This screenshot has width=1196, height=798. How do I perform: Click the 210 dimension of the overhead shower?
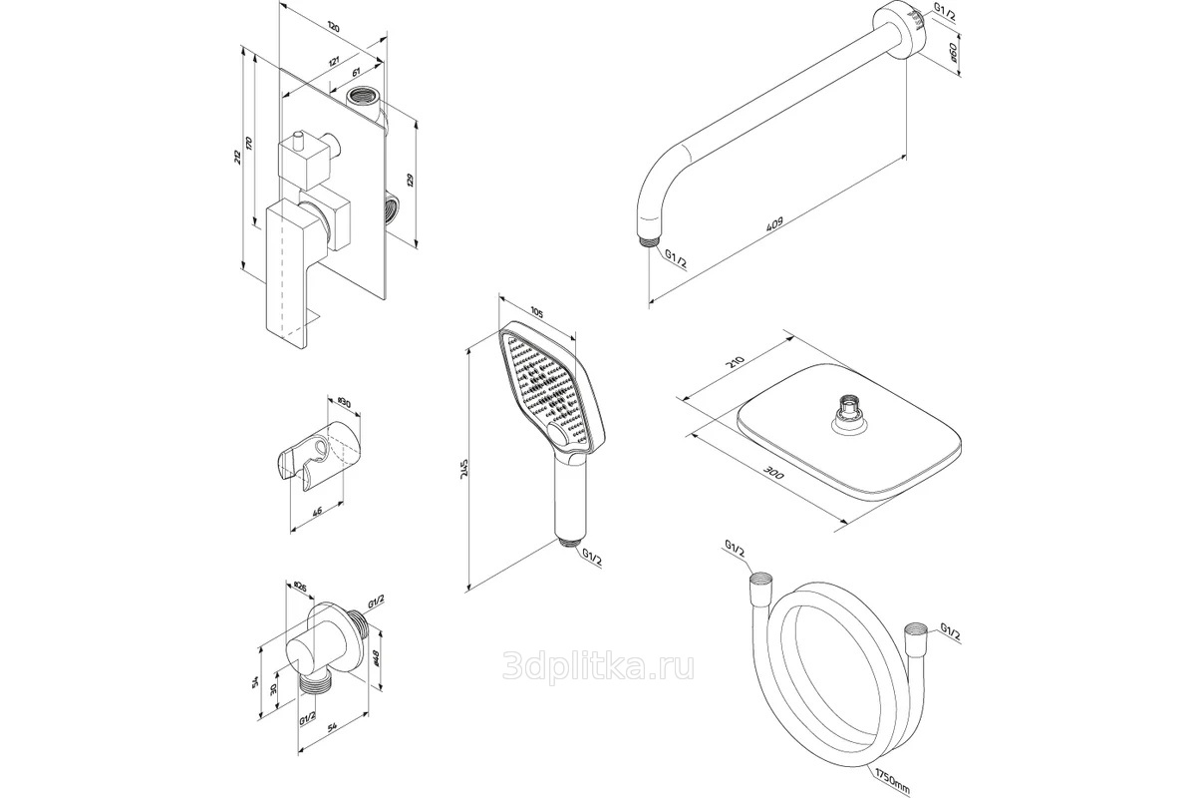click(x=737, y=364)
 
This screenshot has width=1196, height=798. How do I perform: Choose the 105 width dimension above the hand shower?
click(x=535, y=313)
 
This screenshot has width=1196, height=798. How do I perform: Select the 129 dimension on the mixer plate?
click(x=410, y=182)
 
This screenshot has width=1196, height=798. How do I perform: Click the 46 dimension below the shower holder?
click(x=316, y=512)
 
